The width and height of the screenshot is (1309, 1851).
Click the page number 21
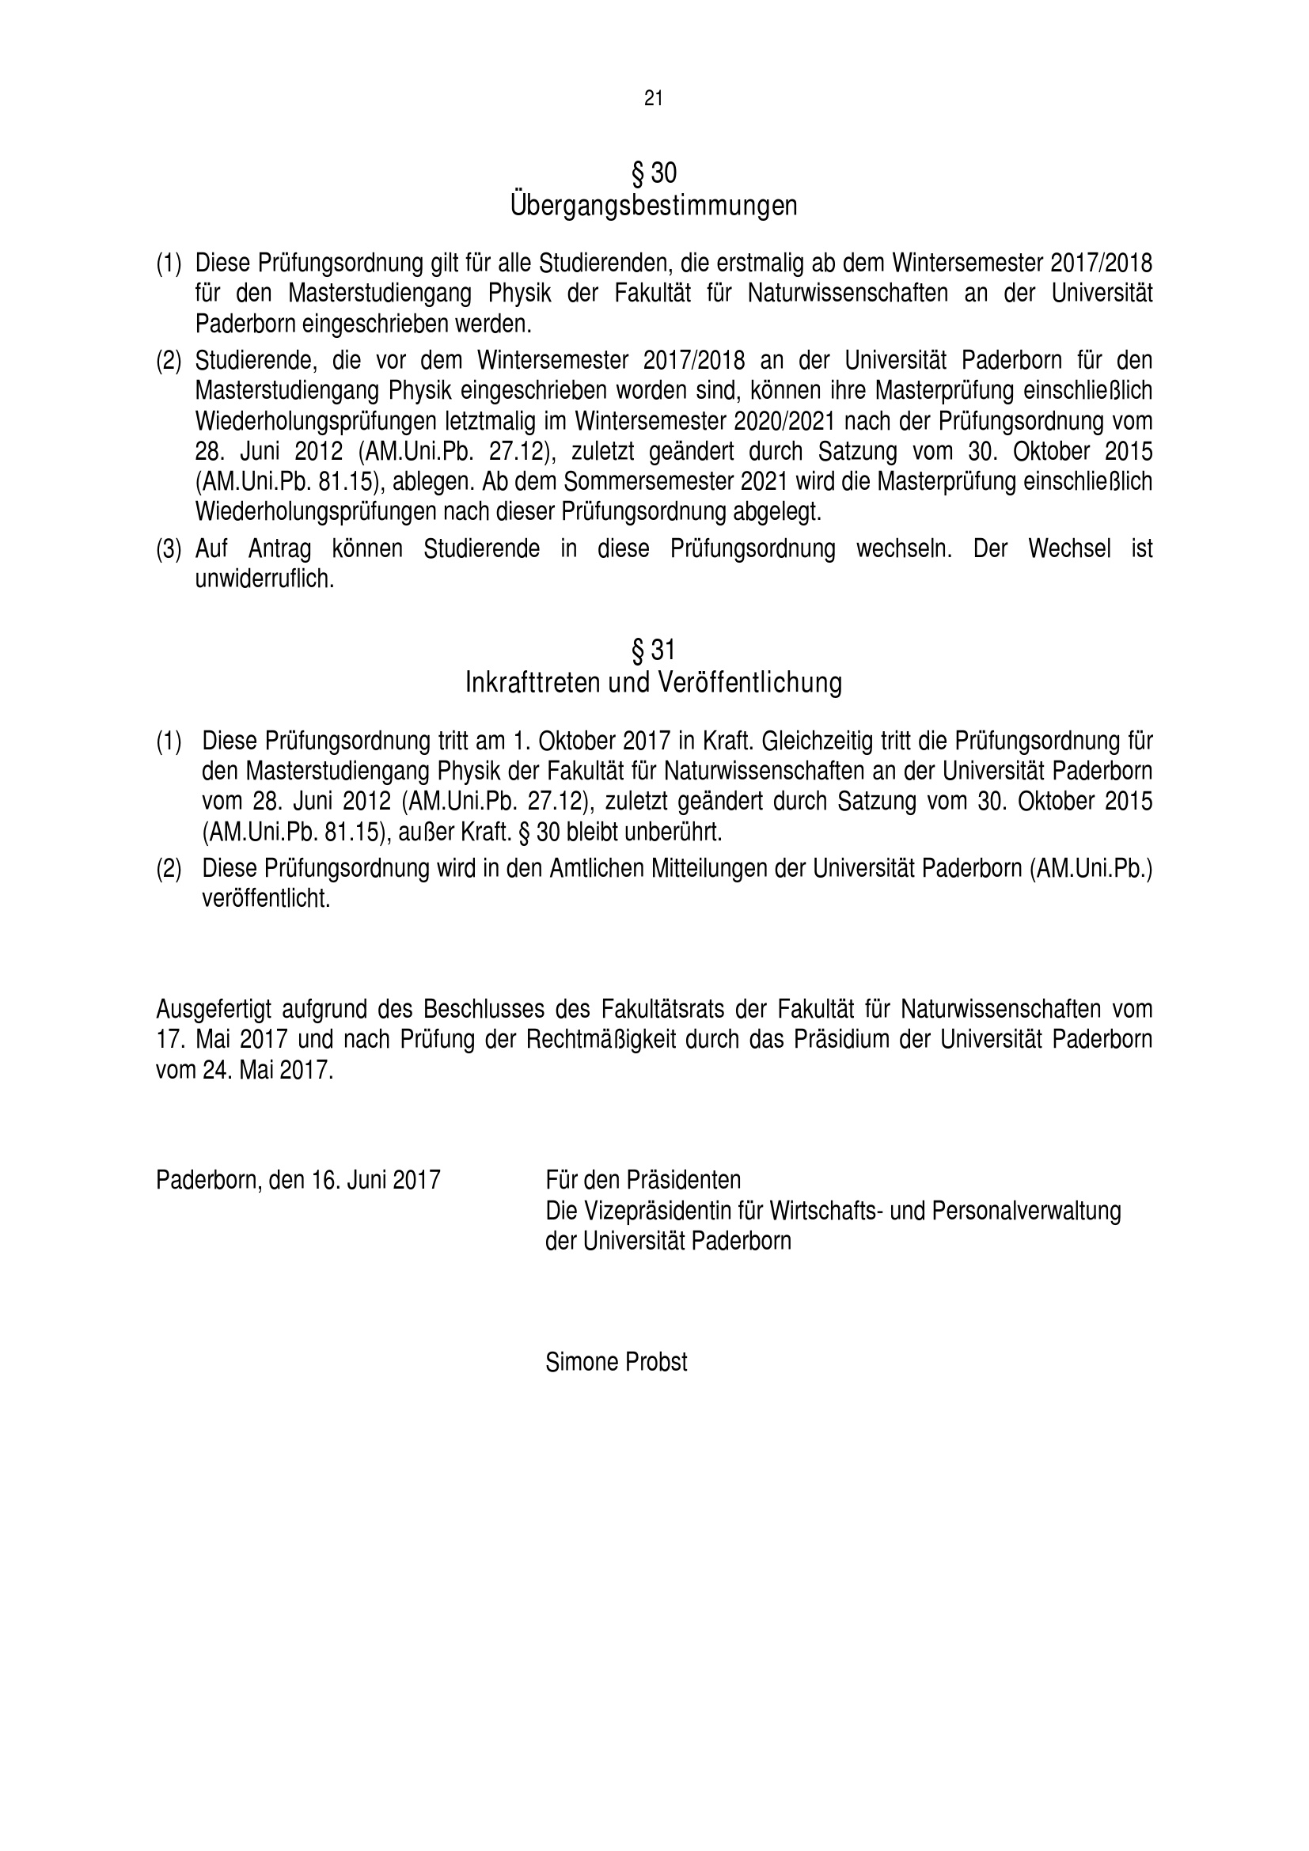pos(654,98)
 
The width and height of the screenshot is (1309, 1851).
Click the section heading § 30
pos(654,173)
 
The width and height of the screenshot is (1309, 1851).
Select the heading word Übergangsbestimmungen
pos(654,207)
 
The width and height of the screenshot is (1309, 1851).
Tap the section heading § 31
pos(653,649)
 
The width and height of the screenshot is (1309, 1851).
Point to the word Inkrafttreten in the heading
pos(533,683)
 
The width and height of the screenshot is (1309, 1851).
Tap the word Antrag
pos(279,549)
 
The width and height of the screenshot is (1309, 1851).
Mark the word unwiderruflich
pos(264,578)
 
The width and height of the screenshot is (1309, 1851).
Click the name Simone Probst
pos(616,1362)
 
